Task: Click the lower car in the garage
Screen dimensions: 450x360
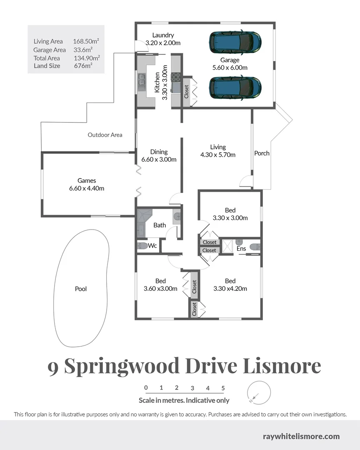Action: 235,87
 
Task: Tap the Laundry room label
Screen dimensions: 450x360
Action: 163,35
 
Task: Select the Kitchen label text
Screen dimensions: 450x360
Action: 157,82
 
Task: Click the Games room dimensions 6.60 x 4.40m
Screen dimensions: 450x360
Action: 87,188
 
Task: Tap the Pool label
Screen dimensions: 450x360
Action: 81,289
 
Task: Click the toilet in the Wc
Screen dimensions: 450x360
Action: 142,246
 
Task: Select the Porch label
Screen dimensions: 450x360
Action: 262,153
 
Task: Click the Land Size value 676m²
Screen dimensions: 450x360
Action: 83,66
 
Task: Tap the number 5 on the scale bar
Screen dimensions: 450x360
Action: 223,388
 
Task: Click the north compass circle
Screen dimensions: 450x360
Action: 259,392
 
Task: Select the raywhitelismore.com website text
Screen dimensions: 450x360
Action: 301,437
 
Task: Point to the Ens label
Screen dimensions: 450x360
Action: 241,249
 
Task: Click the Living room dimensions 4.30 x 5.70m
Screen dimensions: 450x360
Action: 218,155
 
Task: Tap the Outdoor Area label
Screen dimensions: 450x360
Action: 105,135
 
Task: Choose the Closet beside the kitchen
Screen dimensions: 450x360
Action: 186,89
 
